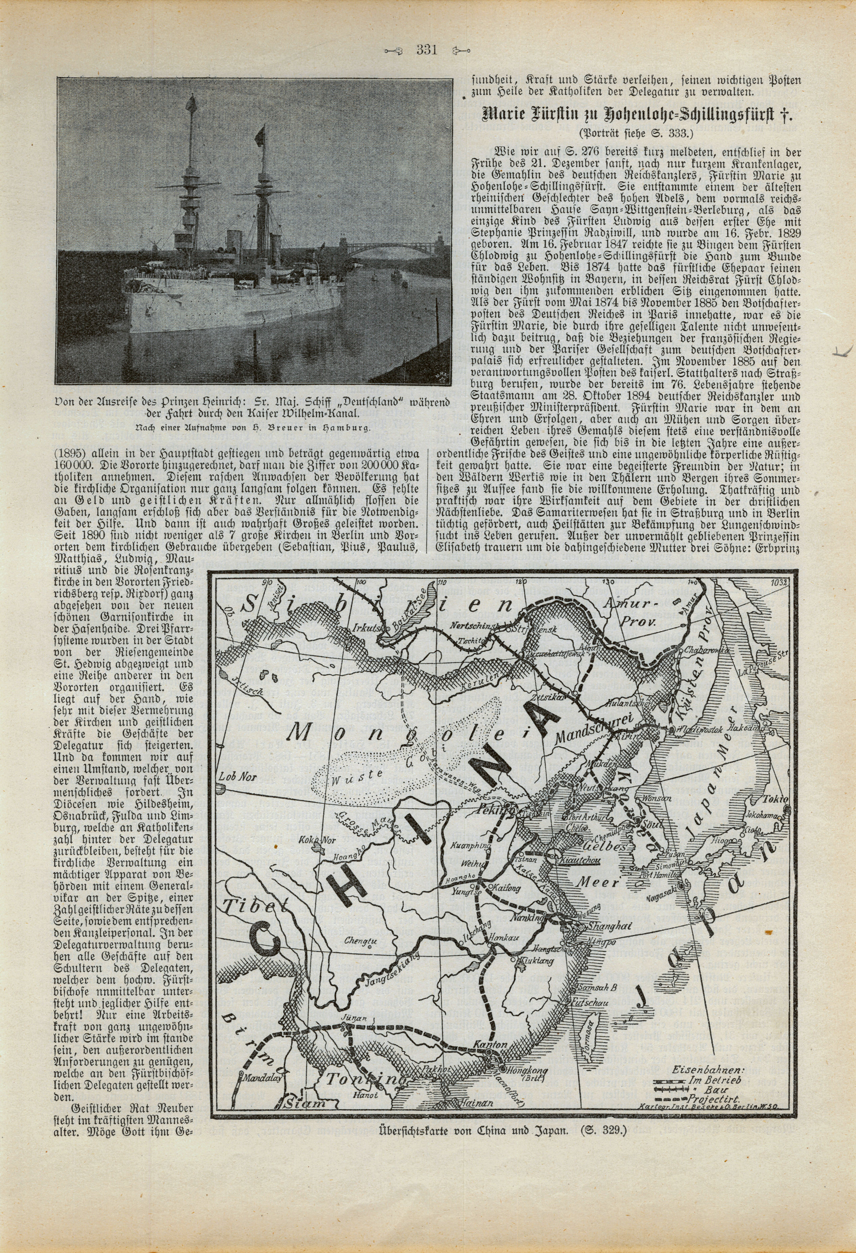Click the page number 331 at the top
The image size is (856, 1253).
(x=426, y=51)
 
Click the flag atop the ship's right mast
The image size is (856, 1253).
(x=261, y=131)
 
